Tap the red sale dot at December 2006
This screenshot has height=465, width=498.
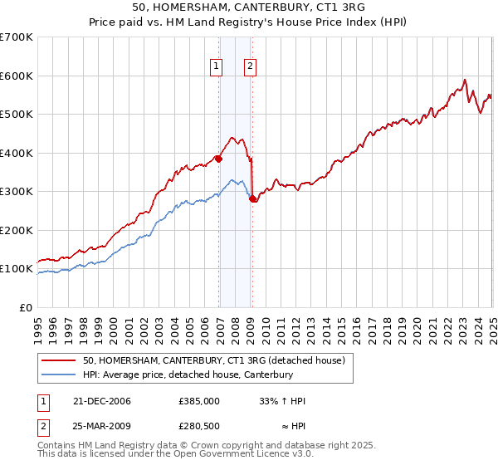pos(218,159)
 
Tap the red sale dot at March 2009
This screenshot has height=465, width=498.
pos(252,198)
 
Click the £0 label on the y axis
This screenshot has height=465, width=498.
pos(25,307)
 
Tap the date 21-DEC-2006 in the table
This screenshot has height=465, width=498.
pos(102,400)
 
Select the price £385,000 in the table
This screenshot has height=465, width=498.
pos(199,400)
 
